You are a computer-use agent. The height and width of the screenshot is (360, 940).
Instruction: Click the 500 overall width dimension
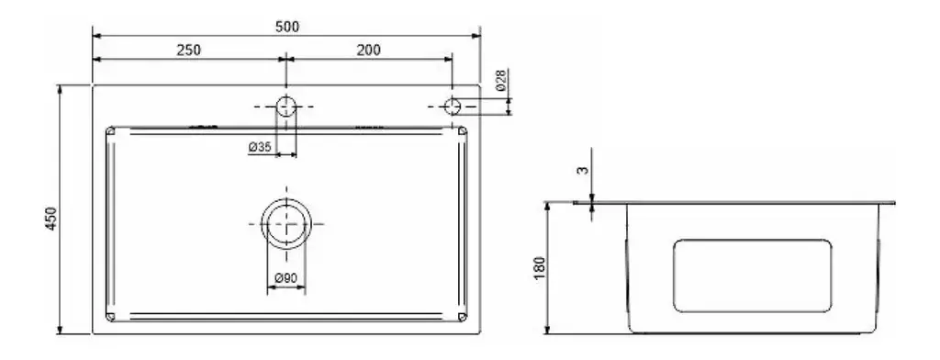(287, 27)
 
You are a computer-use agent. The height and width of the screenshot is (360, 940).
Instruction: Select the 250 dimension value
(188, 50)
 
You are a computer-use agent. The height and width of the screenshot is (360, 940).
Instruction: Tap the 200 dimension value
(368, 50)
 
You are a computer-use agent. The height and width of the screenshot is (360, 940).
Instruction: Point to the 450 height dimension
(51, 219)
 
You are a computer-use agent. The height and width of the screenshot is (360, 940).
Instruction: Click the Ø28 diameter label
(502, 80)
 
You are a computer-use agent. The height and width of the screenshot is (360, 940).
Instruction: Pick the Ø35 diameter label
(260, 146)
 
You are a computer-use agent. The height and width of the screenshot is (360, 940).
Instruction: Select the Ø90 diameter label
(286, 278)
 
